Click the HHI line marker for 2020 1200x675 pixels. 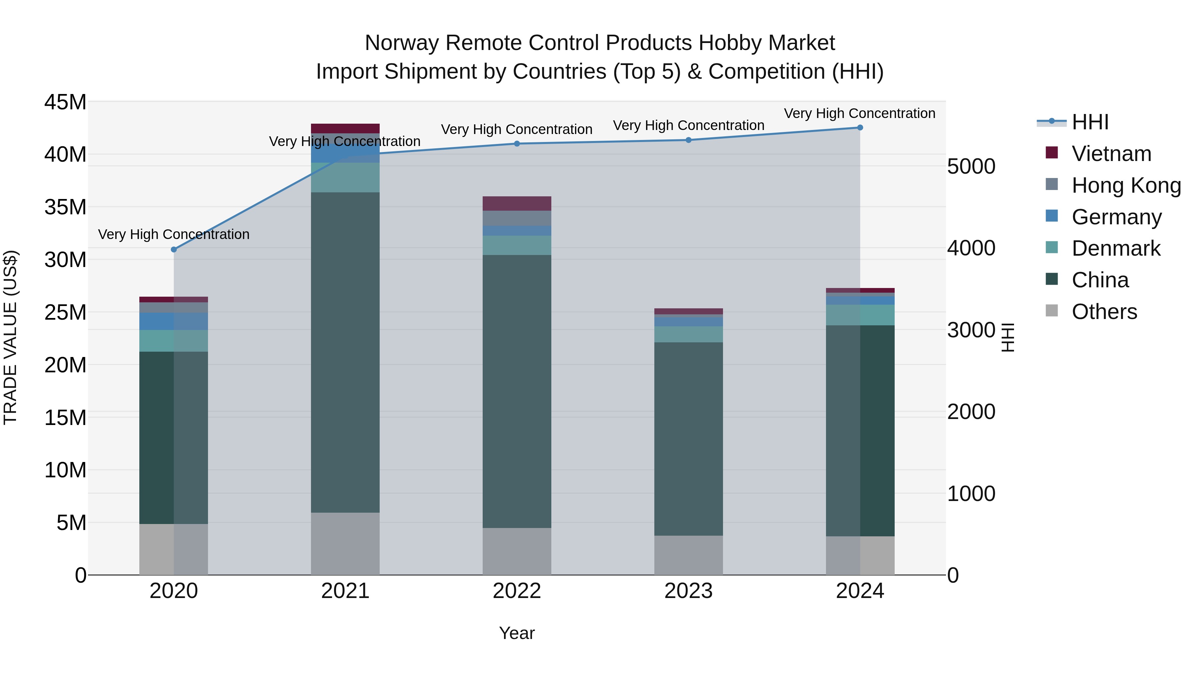pyautogui.click(x=174, y=250)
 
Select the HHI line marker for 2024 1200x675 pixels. pyautogui.click(x=860, y=128)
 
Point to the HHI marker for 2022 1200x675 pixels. pyautogui.click(x=517, y=143)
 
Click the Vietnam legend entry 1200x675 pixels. pyautogui.click(x=1111, y=154)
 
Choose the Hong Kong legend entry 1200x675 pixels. pyautogui.click(x=1126, y=185)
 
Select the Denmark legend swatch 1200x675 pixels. pyautogui.click(x=1052, y=248)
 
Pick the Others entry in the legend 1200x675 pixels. pyautogui.click(x=1104, y=312)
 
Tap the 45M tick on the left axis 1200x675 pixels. pyautogui.click(x=65, y=102)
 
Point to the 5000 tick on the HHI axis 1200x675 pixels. pyautogui.click(x=971, y=166)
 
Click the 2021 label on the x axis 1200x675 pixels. pyautogui.click(x=345, y=591)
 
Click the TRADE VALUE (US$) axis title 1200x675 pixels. pyautogui.click(x=10, y=337)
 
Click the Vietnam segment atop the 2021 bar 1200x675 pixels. pyautogui.click(x=345, y=129)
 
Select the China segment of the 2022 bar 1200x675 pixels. pyautogui.click(x=517, y=391)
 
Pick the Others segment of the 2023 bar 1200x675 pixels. pyautogui.click(x=689, y=555)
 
